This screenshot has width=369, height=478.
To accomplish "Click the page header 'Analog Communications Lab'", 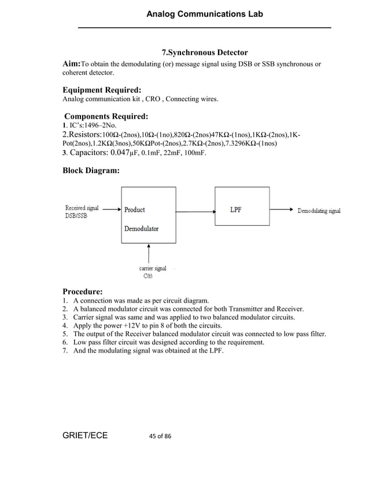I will tap(204, 13).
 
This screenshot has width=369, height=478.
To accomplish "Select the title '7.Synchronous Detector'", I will tap(204, 53).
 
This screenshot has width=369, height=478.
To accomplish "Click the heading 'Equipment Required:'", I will tap(102, 90).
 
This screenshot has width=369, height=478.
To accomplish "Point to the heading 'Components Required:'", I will tap(106, 116).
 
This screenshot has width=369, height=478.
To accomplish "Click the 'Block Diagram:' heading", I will tap(91, 171).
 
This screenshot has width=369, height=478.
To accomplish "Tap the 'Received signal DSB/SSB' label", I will tap(82, 212).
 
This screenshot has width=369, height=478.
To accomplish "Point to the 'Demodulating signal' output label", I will tap(319, 211).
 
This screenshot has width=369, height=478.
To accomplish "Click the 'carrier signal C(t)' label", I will tap(152, 272).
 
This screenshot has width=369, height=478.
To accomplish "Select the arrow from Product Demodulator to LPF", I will tap(195, 210).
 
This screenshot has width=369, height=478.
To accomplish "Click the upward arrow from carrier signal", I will tap(149, 253).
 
